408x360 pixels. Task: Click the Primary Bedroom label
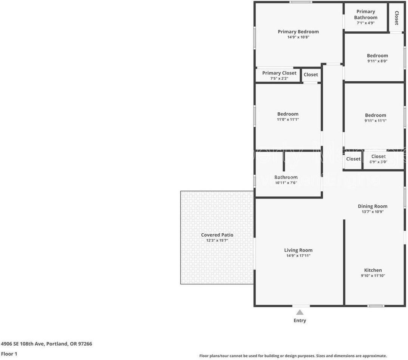click(x=298, y=32)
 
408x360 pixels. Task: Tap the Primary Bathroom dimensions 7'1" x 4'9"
click(x=366, y=23)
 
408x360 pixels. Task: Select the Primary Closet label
click(x=279, y=73)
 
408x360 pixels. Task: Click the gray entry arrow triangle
click(x=300, y=312)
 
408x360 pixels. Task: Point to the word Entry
click(x=300, y=320)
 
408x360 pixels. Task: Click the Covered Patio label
click(x=217, y=235)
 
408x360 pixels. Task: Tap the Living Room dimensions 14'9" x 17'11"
click(x=298, y=256)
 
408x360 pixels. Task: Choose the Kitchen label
click(x=373, y=270)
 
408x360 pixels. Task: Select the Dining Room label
click(x=372, y=206)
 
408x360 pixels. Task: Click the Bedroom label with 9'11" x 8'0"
click(x=377, y=56)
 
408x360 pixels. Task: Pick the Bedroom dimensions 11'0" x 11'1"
click(x=287, y=119)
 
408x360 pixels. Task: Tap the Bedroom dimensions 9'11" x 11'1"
click(x=376, y=121)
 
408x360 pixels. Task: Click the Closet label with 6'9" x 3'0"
click(x=378, y=157)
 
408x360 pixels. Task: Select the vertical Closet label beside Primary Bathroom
click(x=397, y=17)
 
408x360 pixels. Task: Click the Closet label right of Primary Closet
click(x=311, y=74)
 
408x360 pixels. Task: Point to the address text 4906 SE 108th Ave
click(x=23, y=344)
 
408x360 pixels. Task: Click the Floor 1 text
click(x=9, y=354)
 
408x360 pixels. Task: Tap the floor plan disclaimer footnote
click(x=293, y=356)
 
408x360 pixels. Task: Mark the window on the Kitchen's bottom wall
click(x=376, y=306)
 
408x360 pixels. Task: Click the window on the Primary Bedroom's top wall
click(x=301, y=2)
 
